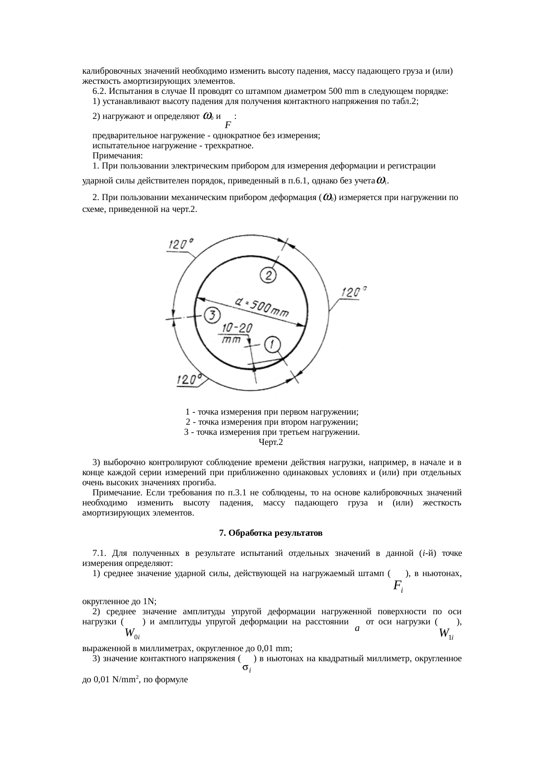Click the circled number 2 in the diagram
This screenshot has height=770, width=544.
click(x=268, y=275)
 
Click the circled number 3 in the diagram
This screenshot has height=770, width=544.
click(x=212, y=315)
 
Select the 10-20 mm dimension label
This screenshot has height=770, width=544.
click(x=236, y=334)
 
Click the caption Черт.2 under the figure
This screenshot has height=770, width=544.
click(x=271, y=442)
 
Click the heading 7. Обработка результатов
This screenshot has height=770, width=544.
click(x=271, y=533)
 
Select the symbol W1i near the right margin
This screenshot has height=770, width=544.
click(x=446, y=633)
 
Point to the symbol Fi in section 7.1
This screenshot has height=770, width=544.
click(x=398, y=586)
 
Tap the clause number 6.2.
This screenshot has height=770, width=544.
click(x=100, y=91)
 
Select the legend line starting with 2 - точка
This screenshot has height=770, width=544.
click(x=272, y=422)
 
